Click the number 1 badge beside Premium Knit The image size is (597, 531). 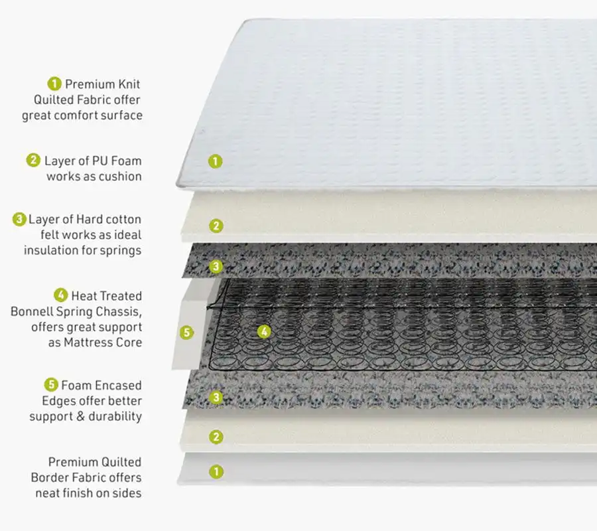pos(54,84)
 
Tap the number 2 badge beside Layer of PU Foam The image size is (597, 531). pos(34,160)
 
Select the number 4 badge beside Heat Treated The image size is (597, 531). pos(60,295)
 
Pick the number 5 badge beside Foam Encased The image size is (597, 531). pos(51,384)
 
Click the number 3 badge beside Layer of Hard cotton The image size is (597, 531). pos(19,219)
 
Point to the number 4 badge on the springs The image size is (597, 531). pos(264,331)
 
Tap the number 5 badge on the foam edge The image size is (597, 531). pos(187,332)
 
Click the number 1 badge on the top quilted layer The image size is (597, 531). pos(214,161)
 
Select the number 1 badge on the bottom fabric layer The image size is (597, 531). pos(216,471)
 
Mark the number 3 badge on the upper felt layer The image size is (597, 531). pos(216,266)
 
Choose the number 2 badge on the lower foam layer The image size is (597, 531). pos(216,436)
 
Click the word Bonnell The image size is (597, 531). pos(33,311)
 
